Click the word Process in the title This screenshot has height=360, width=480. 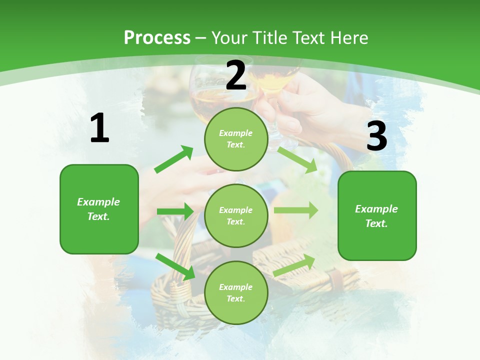click(x=157, y=38)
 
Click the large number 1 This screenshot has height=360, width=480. click(x=99, y=128)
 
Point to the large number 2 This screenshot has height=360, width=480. click(x=236, y=75)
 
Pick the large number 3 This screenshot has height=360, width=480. click(x=376, y=136)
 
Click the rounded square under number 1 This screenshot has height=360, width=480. click(x=99, y=209)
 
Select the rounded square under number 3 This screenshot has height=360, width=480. click(x=377, y=215)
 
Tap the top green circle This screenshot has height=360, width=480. click(x=236, y=139)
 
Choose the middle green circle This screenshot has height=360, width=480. click(x=236, y=215)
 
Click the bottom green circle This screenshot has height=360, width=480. click(x=236, y=292)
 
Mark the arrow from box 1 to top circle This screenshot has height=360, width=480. click(x=174, y=159)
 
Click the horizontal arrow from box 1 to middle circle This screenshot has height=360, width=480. click(x=175, y=211)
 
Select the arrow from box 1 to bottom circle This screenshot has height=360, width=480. click(x=175, y=266)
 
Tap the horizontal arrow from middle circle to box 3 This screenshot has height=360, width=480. click(x=296, y=210)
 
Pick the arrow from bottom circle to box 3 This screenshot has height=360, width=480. click(x=294, y=265)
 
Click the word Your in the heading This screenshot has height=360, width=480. click(x=227, y=38)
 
